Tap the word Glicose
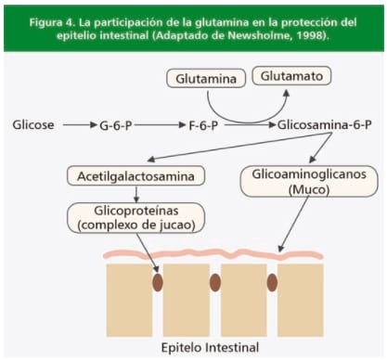point(33,123)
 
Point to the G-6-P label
point(116,123)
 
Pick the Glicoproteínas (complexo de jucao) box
point(135,219)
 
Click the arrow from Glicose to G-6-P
point(78,123)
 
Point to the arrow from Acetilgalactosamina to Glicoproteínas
point(135,194)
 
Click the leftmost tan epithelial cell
point(129,297)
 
